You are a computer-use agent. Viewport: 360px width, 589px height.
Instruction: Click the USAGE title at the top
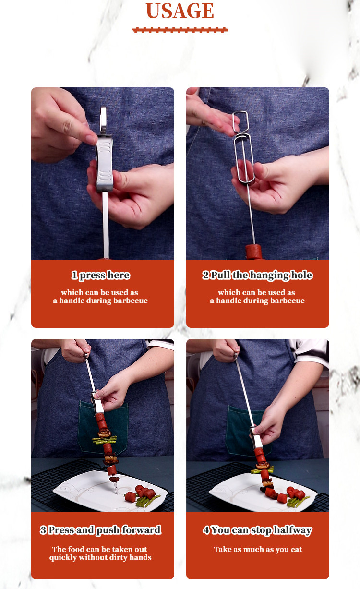[180, 11]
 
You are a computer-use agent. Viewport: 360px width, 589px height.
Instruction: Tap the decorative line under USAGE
[180, 30]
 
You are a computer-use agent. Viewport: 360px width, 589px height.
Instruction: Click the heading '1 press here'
[101, 276]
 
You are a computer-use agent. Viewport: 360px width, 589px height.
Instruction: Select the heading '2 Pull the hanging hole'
[257, 276]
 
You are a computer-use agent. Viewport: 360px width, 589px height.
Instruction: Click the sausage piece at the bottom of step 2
[254, 252]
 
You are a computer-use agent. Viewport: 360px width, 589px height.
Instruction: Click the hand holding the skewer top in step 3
[76, 350]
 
